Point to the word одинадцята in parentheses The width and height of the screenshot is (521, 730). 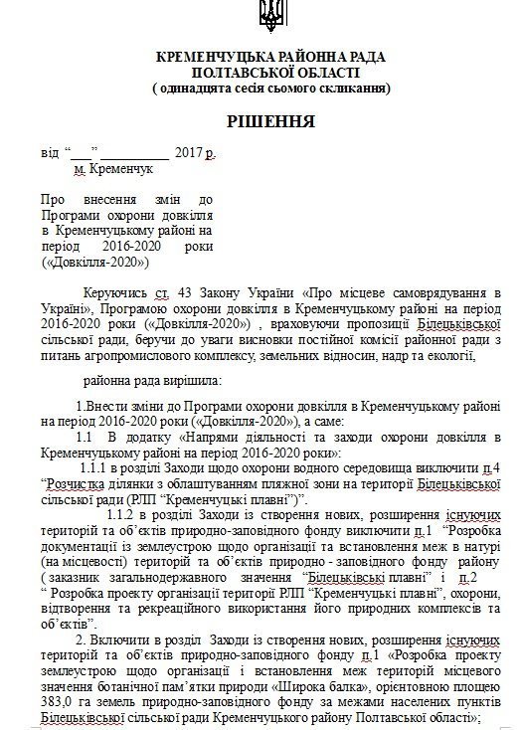click(x=197, y=89)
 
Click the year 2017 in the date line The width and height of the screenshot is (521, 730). click(x=187, y=155)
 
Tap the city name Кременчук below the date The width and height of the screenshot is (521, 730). click(x=121, y=170)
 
